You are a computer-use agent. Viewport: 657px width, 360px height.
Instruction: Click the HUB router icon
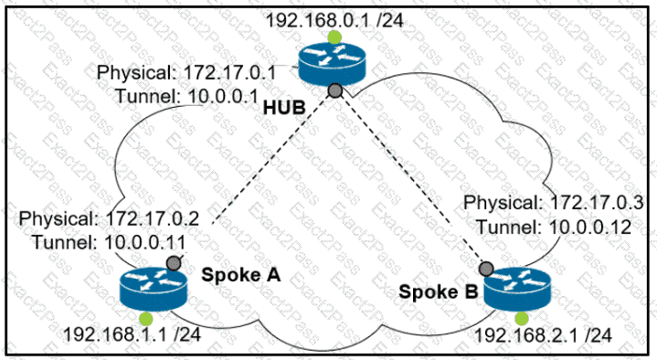point(332,65)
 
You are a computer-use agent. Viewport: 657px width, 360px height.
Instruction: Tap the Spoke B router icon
point(517,290)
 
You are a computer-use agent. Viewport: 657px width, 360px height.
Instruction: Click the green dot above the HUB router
point(334,37)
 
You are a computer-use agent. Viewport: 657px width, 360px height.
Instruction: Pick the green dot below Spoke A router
point(146,319)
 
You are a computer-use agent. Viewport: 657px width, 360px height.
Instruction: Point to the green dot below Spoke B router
point(522,319)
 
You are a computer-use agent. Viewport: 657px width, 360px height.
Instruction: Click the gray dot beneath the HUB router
point(334,90)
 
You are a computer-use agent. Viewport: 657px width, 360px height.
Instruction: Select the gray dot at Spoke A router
point(174,263)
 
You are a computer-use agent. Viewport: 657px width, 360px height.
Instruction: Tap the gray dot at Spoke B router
point(486,269)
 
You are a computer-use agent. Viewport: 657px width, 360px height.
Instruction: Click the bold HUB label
point(284,108)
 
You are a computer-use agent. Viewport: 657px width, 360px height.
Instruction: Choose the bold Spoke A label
point(241,275)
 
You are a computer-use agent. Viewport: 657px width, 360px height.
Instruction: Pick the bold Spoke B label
point(439,292)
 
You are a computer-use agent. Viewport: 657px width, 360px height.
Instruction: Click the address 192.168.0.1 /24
point(334,20)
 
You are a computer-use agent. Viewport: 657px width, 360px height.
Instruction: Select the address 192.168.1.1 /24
point(132,334)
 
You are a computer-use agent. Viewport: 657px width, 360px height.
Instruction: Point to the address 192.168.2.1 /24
point(543,335)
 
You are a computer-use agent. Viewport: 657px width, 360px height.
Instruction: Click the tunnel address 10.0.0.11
point(144,243)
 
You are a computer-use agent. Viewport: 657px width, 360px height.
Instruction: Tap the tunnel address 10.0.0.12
point(590,228)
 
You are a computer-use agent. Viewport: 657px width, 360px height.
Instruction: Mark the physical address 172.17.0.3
point(597,203)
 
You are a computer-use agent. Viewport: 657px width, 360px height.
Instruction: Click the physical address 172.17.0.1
point(230,73)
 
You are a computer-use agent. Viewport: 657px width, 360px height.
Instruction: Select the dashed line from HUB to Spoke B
point(410,179)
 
